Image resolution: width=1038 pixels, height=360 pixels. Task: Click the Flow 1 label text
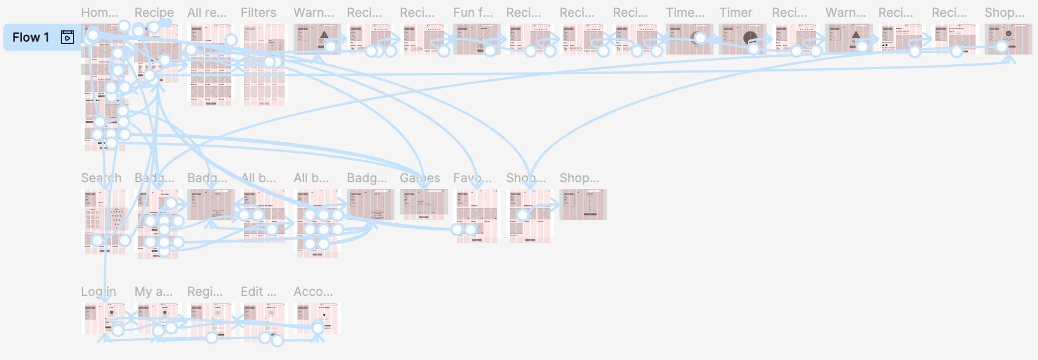coord(31,38)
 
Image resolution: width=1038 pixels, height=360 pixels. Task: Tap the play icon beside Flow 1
coord(67,38)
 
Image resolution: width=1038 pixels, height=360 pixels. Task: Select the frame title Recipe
coord(154,12)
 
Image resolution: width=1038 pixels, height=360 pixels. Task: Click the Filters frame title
coord(258,12)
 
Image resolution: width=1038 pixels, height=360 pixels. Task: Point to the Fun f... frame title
coord(472,12)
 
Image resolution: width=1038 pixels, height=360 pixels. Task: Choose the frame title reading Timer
coord(735,12)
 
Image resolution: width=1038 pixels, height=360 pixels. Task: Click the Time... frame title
coord(685,12)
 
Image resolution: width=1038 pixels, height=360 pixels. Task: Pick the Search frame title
coord(101,178)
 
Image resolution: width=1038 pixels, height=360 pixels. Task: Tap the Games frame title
coord(419,178)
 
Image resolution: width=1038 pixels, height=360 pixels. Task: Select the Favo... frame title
coord(472,178)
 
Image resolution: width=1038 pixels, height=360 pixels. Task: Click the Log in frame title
coord(98,291)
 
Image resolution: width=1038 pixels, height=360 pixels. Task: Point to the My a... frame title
coord(154,291)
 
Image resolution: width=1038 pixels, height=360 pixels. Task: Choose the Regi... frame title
coord(205,291)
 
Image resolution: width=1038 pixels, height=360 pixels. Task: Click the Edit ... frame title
coord(258,291)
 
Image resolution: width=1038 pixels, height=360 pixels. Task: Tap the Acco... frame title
coord(313,291)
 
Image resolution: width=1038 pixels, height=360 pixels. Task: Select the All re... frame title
coord(207,12)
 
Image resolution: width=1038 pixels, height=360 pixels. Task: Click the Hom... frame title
coord(100,12)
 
